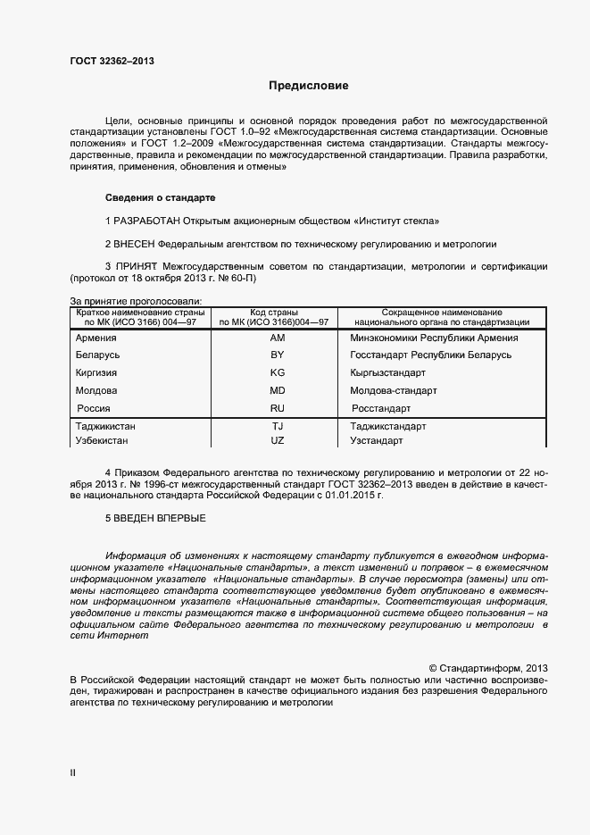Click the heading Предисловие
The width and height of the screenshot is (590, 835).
coord(309,87)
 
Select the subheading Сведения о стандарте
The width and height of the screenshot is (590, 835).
coord(160,196)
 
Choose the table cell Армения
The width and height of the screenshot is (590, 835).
coord(97,338)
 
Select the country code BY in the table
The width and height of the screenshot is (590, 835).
coord(277,355)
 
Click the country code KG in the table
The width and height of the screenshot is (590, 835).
coord(277,372)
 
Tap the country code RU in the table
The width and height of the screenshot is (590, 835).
coord(277,407)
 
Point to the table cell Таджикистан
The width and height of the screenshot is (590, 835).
coord(105,427)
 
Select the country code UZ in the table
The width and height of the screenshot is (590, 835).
coord(277,440)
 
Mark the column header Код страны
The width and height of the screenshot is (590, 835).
coord(274,313)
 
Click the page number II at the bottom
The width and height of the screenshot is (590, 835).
coord(72,773)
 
